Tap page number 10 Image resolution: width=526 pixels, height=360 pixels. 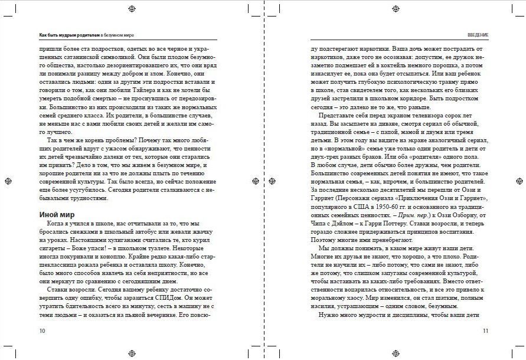point(41,330)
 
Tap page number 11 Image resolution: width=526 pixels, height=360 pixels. point(485,330)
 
